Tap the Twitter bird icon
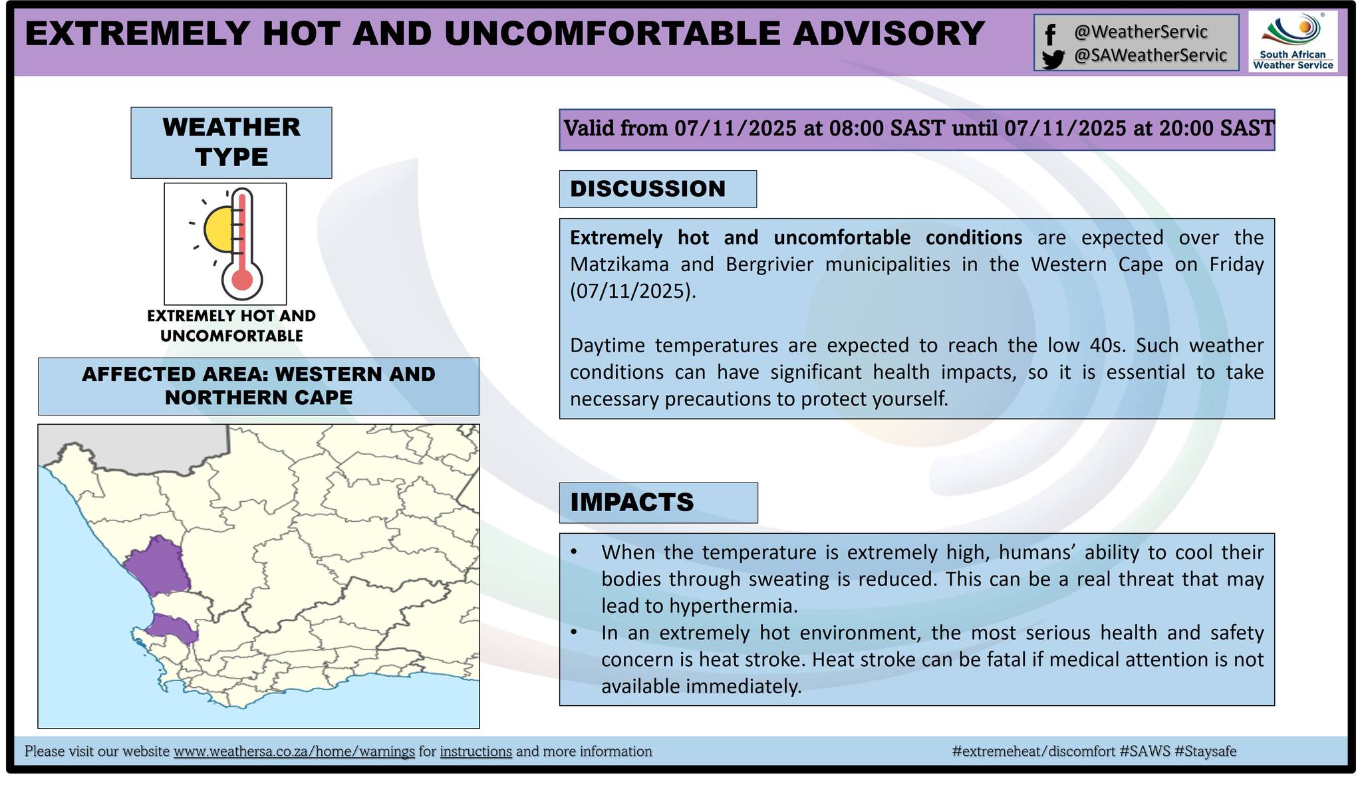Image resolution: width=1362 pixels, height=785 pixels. coord(1053,60)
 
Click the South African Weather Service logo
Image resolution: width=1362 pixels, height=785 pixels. coord(1293,41)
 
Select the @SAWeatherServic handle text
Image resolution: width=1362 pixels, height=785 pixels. coord(1151,55)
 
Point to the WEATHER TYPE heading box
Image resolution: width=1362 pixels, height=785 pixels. coord(231,142)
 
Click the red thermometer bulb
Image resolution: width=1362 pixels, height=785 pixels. coord(242,280)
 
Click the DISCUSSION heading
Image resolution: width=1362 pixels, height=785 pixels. coord(648,189)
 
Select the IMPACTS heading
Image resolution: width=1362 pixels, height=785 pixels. coord(632,502)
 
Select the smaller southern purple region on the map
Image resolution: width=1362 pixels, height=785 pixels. coord(172,627)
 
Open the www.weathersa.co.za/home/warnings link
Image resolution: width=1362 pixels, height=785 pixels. coord(294,751)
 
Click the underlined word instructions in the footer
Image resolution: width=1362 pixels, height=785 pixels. coord(476,751)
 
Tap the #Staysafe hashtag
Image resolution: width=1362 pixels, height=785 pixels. coord(1205,751)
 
